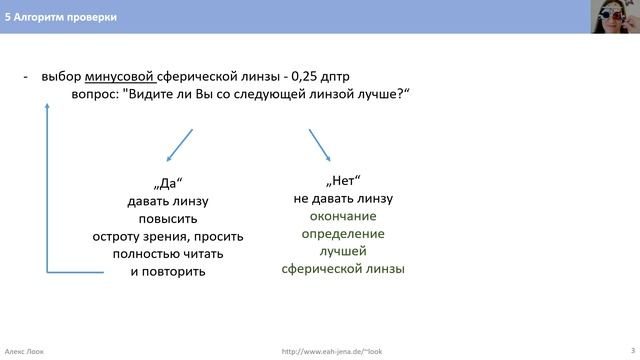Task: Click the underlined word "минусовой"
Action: [119, 77]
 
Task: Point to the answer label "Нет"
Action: [343, 182]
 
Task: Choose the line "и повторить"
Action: [167, 271]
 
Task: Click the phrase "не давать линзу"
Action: [343, 199]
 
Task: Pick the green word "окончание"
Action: [343, 216]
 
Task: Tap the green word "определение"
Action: [343, 234]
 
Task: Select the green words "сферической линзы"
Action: [343, 269]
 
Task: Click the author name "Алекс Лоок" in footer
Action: [27, 351]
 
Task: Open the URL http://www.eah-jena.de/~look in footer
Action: [332, 351]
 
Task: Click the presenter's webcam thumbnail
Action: [610, 17]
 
